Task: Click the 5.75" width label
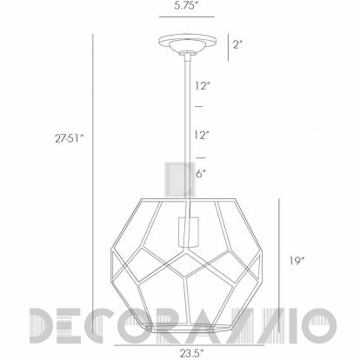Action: click(x=186, y=6)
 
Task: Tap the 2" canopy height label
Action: click(x=237, y=44)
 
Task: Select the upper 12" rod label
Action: click(x=202, y=86)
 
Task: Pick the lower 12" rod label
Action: click(x=202, y=135)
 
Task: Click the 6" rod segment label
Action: click(x=201, y=174)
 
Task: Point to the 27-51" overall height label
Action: click(x=70, y=138)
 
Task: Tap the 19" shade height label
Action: click(x=297, y=261)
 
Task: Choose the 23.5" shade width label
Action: click(x=192, y=353)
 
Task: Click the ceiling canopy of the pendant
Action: click(x=188, y=43)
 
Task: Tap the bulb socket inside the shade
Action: click(x=188, y=232)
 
